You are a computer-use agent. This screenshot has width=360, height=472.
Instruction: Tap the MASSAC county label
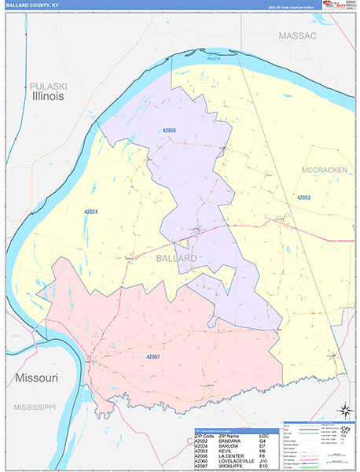point(297,36)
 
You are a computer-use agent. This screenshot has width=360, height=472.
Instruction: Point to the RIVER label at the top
point(214,59)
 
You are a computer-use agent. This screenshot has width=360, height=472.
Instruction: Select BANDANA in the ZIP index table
point(228,441)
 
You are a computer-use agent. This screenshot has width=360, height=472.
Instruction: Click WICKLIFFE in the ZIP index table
point(229,467)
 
